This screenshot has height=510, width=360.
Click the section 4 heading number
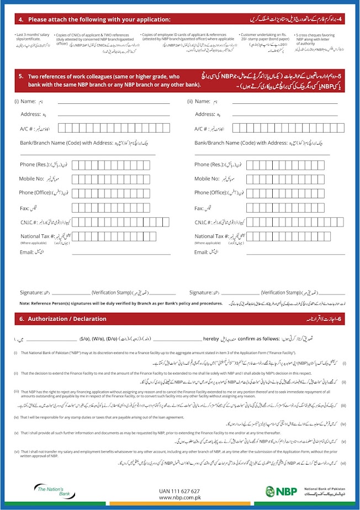[20, 20]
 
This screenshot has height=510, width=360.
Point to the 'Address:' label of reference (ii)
[205, 114]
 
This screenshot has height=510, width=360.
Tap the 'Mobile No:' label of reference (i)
[31, 178]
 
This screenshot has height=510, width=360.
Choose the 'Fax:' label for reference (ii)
[200, 209]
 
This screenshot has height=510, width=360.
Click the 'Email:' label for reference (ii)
[202, 252]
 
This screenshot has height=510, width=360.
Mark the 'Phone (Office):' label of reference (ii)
[210, 193]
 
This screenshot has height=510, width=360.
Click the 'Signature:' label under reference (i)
[31, 292]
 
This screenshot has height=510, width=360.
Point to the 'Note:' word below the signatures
[25, 303]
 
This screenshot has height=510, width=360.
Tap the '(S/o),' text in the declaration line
[86, 338]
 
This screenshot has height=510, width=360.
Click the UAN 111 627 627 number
[179, 491]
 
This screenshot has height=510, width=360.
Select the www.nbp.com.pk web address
[179, 498]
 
